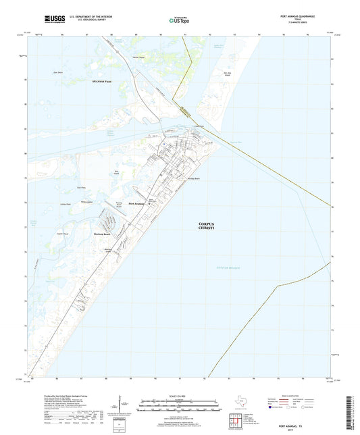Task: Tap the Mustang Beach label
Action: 101,234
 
